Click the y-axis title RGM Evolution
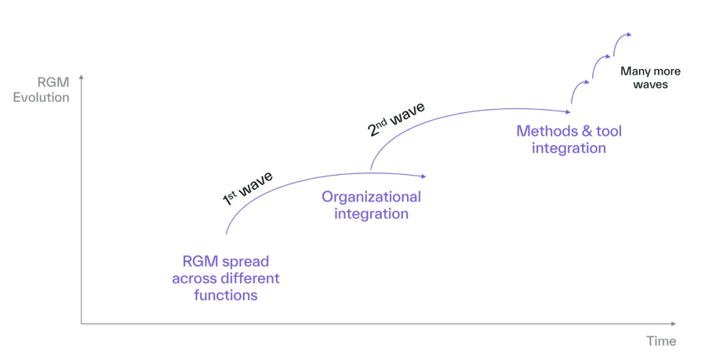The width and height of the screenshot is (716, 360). tap(42, 90)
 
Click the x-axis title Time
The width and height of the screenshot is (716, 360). tap(660, 341)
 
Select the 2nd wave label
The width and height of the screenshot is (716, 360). tap(396, 119)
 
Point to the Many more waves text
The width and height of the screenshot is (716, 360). tap(650, 78)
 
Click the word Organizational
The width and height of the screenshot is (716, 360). tap(371, 197)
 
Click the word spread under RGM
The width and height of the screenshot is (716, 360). tap(244, 261)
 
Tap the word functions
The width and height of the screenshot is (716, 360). tap(226, 296)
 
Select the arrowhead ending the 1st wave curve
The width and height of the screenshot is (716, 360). tap(423, 176)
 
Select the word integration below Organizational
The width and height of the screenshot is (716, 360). tap(371, 213)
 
